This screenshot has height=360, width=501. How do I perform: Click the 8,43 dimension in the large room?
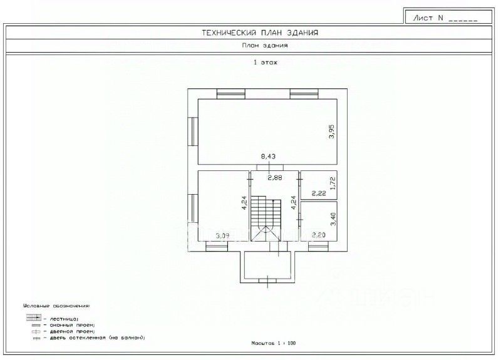coord(268,156)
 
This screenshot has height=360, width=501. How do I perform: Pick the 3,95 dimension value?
coord(332,132)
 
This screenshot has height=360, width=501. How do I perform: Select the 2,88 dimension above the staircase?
coord(275,178)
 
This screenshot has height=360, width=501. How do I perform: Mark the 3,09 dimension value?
coord(222,236)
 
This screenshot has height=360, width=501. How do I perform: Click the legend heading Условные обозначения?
coord(56,306)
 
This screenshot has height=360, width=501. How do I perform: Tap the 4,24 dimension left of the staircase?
coord(244,204)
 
